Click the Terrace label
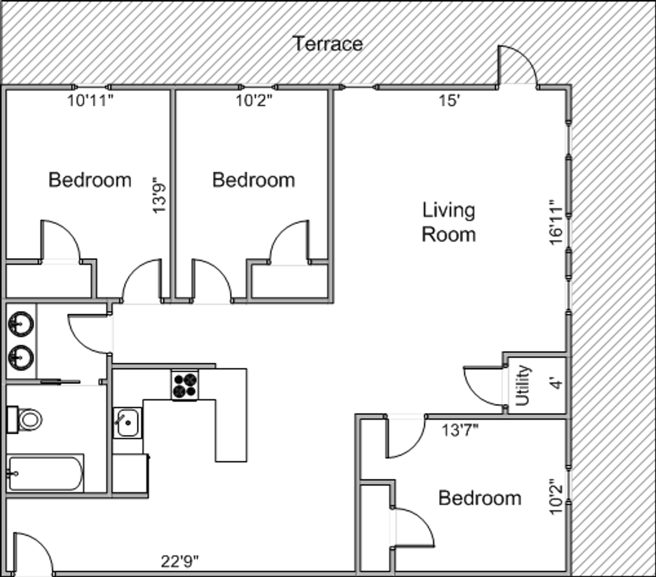click(x=327, y=44)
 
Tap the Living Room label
click(x=449, y=222)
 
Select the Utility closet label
click(x=522, y=385)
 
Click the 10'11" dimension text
click(x=90, y=100)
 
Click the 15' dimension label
click(x=450, y=100)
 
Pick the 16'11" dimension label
click(x=556, y=222)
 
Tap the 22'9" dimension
click(x=180, y=562)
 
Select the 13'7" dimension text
click(x=460, y=431)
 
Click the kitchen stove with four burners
click(x=185, y=385)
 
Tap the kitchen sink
click(x=128, y=423)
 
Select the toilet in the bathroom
click(x=25, y=420)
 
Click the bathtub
click(x=45, y=473)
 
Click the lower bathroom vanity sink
click(x=21, y=357)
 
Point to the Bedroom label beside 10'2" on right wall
click(x=480, y=498)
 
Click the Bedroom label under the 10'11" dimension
click(x=90, y=180)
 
